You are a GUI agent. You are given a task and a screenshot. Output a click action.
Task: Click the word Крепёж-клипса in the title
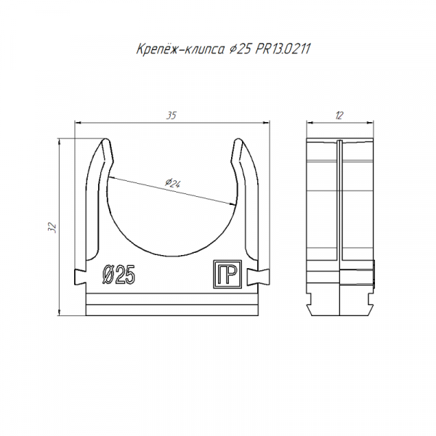[x=180, y=49]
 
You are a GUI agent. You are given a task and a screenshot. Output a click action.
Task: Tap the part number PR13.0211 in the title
[x=283, y=49]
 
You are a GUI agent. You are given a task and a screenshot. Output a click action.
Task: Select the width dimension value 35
[x=171, y=116]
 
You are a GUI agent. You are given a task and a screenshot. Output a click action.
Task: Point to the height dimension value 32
[x=52, y=227]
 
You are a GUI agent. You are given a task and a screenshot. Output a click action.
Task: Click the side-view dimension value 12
[x=339, y=116]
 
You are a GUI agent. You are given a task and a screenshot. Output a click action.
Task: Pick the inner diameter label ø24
[x=173, y=183]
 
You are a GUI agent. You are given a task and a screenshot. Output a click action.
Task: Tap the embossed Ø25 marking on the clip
[x=118, y=275]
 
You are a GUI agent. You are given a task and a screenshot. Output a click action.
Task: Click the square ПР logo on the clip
[x=227, y=274]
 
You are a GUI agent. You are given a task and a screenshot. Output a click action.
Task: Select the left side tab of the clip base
[x=80, y=277]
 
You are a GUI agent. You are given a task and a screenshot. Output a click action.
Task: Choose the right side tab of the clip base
[x=258, y=277]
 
